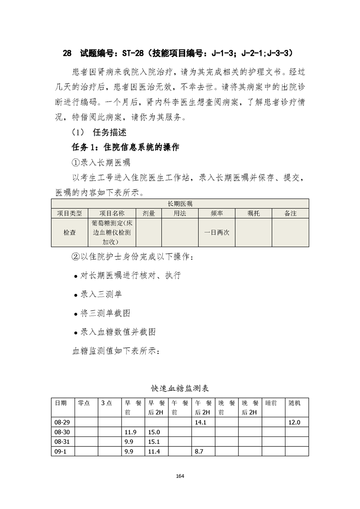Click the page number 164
(x=180, y=476)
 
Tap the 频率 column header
(x=217, y=213)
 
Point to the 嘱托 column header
(x=253, y=213)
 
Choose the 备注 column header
(x=290, y=213)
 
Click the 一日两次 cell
(x=217, y=232)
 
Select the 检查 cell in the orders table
(x=69, y=232)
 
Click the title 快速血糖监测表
(x=180, y=388)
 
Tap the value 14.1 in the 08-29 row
(x=201, y=422)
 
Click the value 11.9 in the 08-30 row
(x=130, y=431)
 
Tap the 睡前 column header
(x=270, y=403)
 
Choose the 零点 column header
(x=84, y=403)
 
